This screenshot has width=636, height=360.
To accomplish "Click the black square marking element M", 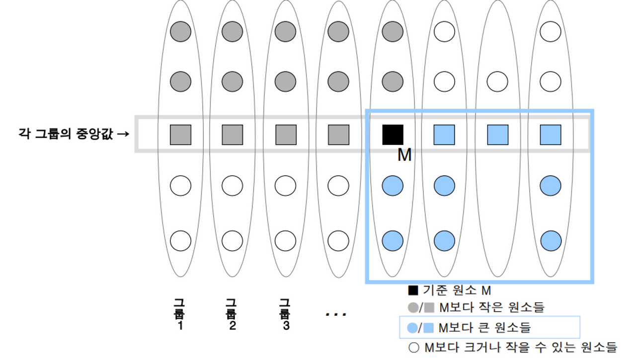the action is (393, 135).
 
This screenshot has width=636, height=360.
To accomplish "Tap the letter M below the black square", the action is (404, 155).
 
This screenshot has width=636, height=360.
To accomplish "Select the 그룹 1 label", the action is (179, 314).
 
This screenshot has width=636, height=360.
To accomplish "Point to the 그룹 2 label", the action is (232, 314).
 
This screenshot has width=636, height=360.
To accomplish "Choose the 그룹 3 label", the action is (285, 314).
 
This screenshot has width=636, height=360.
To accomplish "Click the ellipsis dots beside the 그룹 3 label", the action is (336, 314).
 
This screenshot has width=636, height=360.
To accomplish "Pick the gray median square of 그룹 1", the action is (180, 135).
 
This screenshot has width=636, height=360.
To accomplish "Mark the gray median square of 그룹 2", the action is (232, 135).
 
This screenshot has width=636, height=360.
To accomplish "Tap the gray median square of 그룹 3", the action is (286, 135).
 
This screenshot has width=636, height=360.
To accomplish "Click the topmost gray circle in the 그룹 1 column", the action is (180, 32).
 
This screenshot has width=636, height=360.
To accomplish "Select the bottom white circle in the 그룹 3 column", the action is (286, 241).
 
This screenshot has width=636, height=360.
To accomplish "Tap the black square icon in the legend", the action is (413, 290).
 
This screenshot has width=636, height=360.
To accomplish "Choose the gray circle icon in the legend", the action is (412, 308).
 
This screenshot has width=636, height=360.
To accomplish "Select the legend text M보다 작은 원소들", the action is (492, 308).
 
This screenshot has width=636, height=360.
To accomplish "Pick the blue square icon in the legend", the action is (430, 328).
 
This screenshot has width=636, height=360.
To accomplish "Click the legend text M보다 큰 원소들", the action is (485, 328).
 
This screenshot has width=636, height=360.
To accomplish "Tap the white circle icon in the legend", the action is (413, 347).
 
